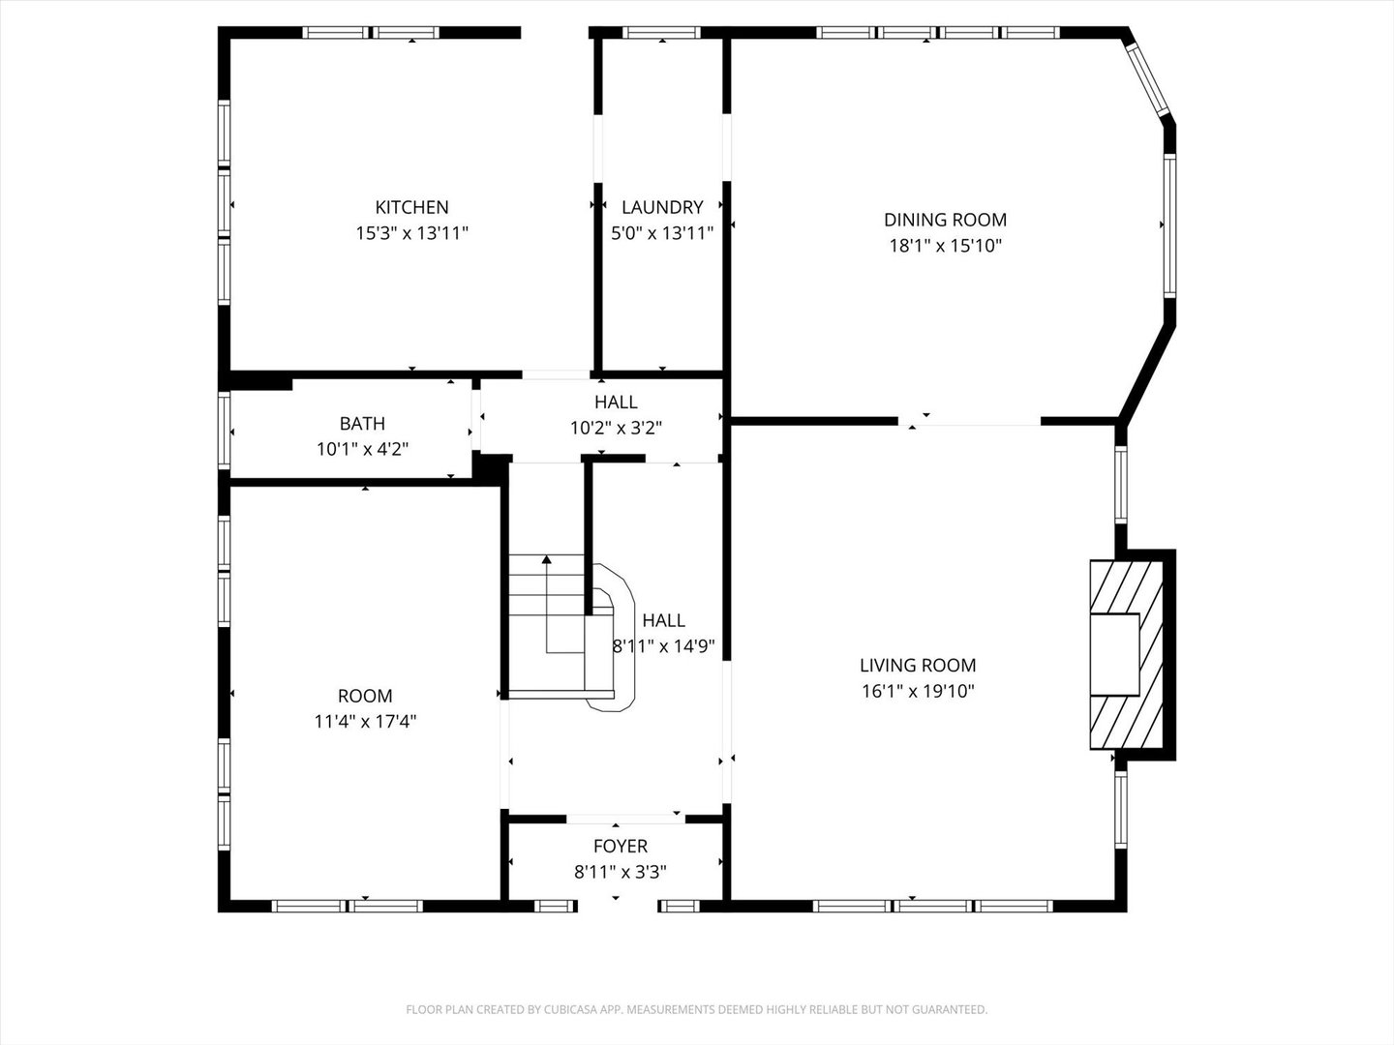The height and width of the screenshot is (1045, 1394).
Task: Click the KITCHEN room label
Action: (x=411, y=207)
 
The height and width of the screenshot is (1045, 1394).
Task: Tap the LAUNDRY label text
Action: (x=662, y=207)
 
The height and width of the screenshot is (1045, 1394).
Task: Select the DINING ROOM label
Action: (x=945, y=220)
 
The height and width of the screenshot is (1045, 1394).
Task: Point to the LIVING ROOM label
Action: (x=918, y=666)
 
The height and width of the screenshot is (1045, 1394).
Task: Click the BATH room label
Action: (x=362, y=424)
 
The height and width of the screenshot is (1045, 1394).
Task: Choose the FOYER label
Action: (x=621, y=847)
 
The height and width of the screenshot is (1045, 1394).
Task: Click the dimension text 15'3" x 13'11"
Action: (x=411, y=233)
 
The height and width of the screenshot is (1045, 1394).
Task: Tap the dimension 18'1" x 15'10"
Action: (x=945, y=246)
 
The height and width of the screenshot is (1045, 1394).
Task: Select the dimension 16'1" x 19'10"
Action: (x=918, y=691)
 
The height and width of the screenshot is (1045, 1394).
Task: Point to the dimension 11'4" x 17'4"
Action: (x=365, y=722)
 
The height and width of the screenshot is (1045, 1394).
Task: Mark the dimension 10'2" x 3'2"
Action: (x=616, y=428)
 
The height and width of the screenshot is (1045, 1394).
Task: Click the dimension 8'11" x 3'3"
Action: (x=621, y=872)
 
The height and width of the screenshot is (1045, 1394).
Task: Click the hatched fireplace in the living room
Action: (x=1128, y=654)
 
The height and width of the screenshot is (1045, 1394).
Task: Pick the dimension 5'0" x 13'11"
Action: (x=662, y=233)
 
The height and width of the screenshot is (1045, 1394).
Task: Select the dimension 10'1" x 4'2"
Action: (x=362, y=449)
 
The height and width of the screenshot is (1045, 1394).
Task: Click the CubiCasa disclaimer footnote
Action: (x=696, y=1010)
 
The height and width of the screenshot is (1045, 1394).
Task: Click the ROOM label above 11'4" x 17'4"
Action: (x=365, y=696)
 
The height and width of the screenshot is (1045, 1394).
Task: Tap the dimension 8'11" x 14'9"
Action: (x=664, y=646)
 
